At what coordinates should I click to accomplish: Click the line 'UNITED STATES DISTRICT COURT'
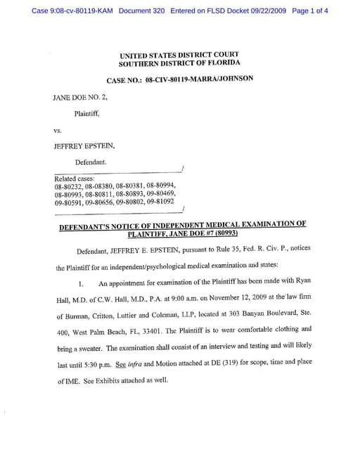pos(180,55)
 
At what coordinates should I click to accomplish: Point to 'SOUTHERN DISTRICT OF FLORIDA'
pos(179,64)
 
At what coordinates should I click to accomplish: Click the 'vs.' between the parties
pos(58,131)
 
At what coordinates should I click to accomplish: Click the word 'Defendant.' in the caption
pos(91,162)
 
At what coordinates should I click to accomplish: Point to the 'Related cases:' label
pos(75,179)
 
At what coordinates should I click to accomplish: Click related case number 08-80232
pos(69,186)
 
